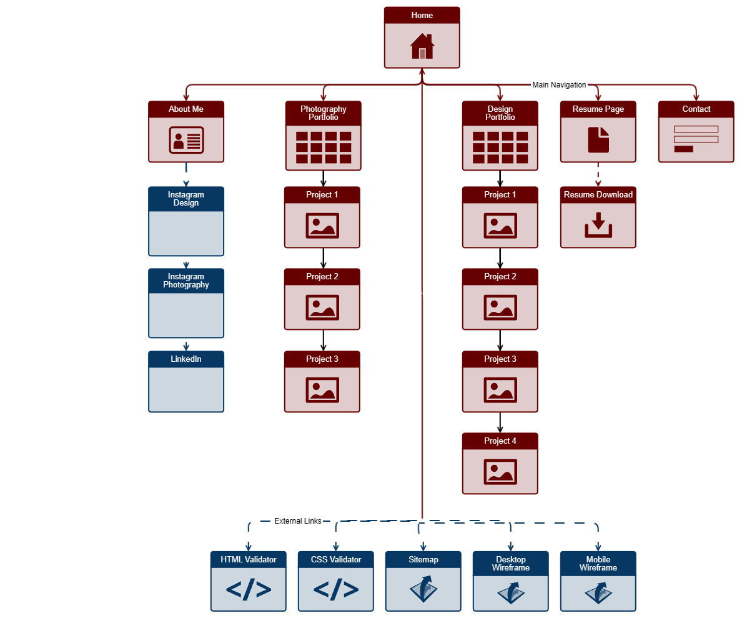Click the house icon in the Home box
[422, 46]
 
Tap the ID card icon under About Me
[186, 140]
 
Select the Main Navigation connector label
[559, 85]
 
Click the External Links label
[298, 521]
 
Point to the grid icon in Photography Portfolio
[323, 147]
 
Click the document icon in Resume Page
[598, 139]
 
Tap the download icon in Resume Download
[598, 225]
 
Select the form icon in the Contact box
[696, 139]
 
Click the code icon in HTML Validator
[249, 589]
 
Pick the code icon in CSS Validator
[336, 589]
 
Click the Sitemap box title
[423, 560]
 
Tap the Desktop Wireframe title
[511, 564]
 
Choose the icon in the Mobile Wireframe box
[598, 592]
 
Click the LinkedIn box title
[186, 359]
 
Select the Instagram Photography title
[186, 281]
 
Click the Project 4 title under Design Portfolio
[500, 441]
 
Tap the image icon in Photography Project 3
[322, 390]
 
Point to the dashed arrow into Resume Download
[598, 175]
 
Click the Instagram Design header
[186, 199]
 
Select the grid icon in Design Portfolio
[500, 147]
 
